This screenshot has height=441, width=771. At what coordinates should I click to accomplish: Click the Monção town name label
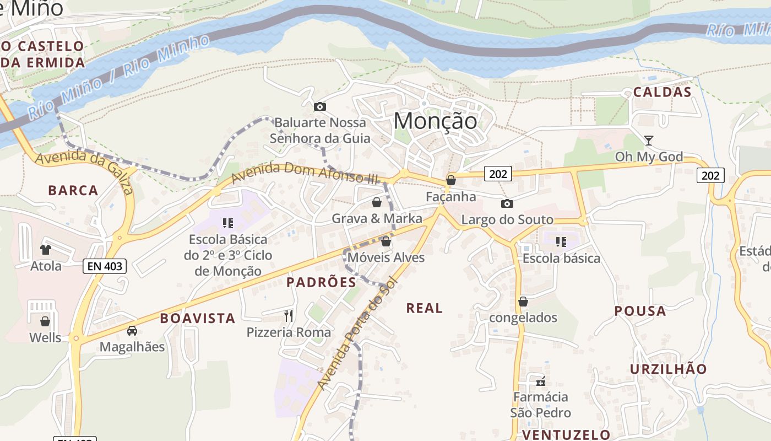[x=436, y=120]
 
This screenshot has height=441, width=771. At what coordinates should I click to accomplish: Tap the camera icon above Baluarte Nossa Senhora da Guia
[x=319, y=106]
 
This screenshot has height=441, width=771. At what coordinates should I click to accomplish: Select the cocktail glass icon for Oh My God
[x=649, y=140]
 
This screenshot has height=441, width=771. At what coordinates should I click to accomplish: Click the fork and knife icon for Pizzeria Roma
[x=289, y=315]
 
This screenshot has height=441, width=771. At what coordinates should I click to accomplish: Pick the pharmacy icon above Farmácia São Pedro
[x=541, y=381]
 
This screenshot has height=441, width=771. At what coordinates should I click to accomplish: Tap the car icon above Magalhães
[x=132, y=330]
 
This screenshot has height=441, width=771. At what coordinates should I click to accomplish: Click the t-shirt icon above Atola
[x=46, y=250]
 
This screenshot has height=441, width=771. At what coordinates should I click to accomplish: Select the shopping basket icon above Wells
[x=45, y=321]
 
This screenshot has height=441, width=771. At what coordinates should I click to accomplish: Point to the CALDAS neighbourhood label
[x=662, y=92]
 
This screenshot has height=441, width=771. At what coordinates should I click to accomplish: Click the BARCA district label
[x=73, y=191]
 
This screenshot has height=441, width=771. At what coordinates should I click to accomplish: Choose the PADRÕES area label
[x=321, y=283]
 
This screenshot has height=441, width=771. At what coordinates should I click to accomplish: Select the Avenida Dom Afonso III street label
[x=306, y=173]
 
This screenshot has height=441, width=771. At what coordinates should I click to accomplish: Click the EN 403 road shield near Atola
[x=105, y=267]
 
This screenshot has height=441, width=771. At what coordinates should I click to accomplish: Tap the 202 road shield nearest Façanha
[x=498, y=174]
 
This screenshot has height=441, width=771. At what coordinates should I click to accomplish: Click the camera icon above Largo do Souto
[x=507, y=203]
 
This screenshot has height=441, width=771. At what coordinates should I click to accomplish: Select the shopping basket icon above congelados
[x=523, y=302]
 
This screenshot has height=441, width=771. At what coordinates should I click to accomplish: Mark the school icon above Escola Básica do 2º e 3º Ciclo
[x=227, y=223]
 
